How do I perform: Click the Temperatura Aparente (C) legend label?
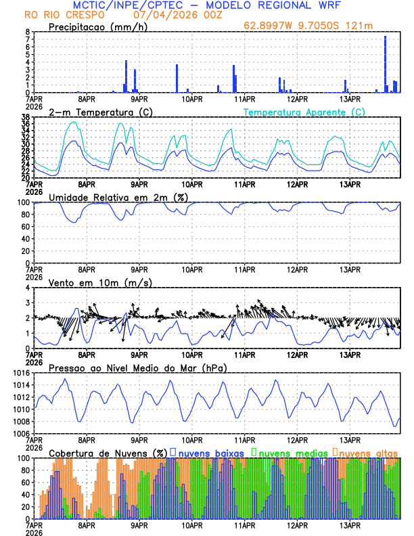(x=304, y=112)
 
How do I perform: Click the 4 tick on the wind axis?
(x=28, y=288)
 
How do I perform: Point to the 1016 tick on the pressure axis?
(x=21, y=373)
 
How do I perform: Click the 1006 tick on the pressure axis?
(x=21, y=433)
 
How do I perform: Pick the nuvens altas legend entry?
(x=368, y=452)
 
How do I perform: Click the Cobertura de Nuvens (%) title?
(x=108, y=452)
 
